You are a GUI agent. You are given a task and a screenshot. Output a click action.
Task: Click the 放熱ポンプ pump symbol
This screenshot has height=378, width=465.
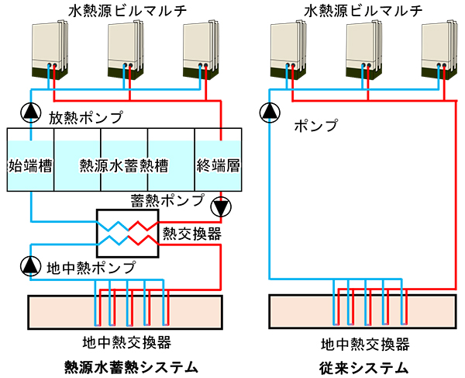coord(30,111)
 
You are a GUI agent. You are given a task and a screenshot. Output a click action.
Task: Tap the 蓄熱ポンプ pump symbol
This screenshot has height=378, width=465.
coord(221,208)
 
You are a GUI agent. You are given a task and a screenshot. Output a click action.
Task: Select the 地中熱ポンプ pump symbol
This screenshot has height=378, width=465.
coord(30,266)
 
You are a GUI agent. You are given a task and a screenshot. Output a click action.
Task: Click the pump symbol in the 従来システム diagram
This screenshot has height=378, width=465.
coord(270,111)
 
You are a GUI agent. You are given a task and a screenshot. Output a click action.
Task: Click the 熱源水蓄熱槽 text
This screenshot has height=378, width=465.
coord(124,165)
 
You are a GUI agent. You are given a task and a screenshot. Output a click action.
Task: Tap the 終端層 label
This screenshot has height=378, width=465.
coord(217,165)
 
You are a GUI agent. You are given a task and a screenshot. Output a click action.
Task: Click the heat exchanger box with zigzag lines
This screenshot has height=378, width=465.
coord(127,233)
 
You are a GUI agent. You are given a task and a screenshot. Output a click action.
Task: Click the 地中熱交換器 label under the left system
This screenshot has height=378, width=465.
coord(126,342)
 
